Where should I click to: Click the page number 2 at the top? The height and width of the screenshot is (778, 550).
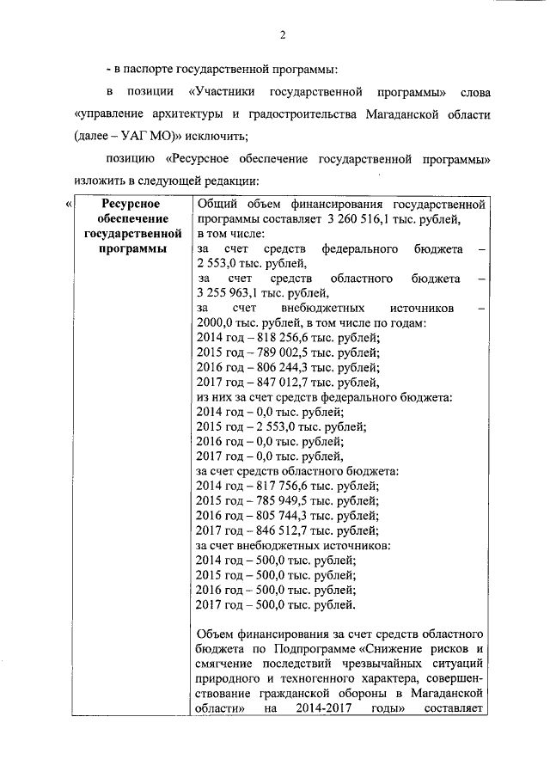tap(282, 34)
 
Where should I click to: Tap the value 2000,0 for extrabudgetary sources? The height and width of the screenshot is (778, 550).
tap(217, 322)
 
